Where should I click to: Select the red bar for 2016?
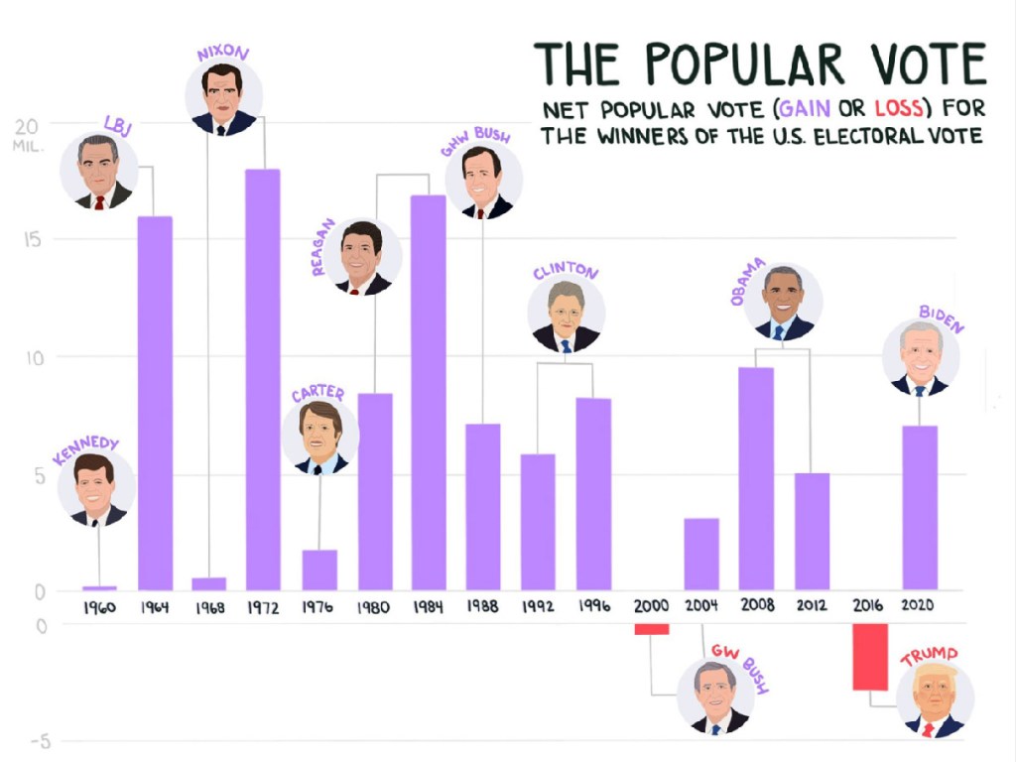coord(870,656)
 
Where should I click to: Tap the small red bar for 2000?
coord(652,629)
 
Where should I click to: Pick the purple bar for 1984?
coord(429,393)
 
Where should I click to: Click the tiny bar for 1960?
coord(99,587)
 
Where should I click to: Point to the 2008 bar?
coord(756,478)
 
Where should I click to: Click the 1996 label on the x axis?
coord(593,606)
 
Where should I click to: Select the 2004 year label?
coord(701,606)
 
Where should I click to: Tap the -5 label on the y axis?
coord(36,741)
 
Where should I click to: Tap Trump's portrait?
coord(935,699)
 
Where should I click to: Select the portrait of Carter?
coord(320,438)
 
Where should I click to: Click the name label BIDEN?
coord(942,318)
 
